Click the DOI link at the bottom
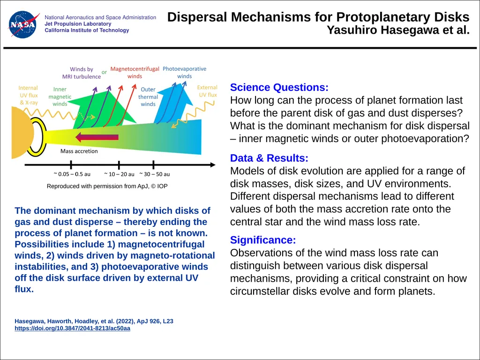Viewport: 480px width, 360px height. [72, 329]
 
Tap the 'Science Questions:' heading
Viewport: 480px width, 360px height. [279, 88]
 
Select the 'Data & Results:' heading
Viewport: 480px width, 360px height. [269, 158]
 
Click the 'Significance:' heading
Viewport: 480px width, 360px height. [263, 240]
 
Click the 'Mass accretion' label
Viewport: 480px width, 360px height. [79, 151]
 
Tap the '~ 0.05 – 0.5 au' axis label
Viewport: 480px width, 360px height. [72, 174]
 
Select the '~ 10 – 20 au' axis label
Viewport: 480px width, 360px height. [119, 174]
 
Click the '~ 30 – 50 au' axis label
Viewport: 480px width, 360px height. [155, 174]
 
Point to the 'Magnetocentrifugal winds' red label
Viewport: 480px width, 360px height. [135, 73]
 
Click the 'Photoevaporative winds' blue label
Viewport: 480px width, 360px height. [184, 73]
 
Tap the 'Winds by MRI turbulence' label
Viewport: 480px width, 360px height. [82, 73]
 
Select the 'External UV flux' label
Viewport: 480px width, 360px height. [207, 91]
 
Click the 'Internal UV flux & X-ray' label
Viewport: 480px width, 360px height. [29, 95]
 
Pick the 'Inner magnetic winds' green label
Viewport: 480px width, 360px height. [60, 97]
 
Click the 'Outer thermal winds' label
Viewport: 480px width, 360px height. [148, 97]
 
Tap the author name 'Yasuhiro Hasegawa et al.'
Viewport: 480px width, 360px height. [398, 30]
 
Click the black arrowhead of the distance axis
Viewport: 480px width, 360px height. [213, 165]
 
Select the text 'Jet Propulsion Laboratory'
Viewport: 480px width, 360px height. [78, 24]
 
